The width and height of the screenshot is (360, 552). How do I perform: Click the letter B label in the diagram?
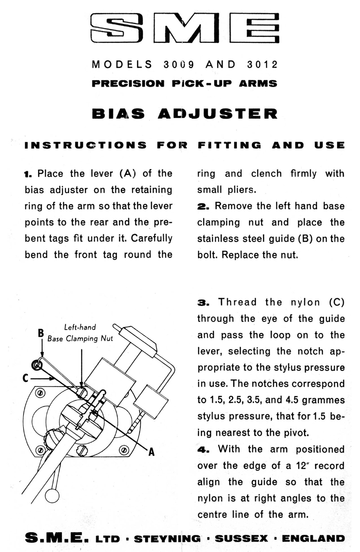click(41, 333)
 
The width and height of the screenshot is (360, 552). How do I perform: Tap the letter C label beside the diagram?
click(25, 378)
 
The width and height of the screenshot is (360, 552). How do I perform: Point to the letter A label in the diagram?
click(151, 452)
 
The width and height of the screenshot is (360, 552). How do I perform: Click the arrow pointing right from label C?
click(42, 378)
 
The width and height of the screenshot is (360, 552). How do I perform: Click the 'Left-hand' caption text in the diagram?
click(80, 327)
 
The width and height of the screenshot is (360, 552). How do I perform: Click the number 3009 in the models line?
click(179, 64)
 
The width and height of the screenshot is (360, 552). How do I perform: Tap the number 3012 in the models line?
click(262, 64)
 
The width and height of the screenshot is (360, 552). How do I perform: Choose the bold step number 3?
click(203, 303)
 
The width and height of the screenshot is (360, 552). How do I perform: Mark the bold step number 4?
click(203, 449)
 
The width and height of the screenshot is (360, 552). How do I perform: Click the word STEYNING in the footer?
click(167, 539)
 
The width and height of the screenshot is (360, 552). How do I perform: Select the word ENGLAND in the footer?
click(313, 539)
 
